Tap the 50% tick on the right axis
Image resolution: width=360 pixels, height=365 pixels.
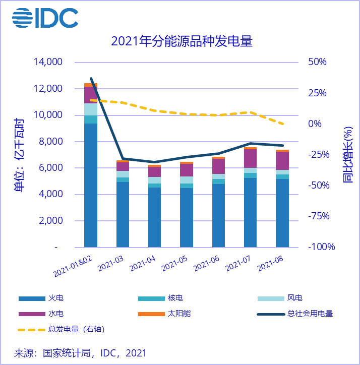(x=318, y=62)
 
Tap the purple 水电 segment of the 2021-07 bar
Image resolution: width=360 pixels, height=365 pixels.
(x=251, y=158)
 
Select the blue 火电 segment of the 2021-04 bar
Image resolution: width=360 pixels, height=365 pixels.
(x=154, y=217)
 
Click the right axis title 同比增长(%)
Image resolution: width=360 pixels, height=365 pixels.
(x=348, y=154)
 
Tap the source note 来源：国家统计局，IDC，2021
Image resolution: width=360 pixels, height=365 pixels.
(x=81, y=352)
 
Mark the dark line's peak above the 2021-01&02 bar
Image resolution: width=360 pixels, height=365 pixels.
(x=91, y=79)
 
